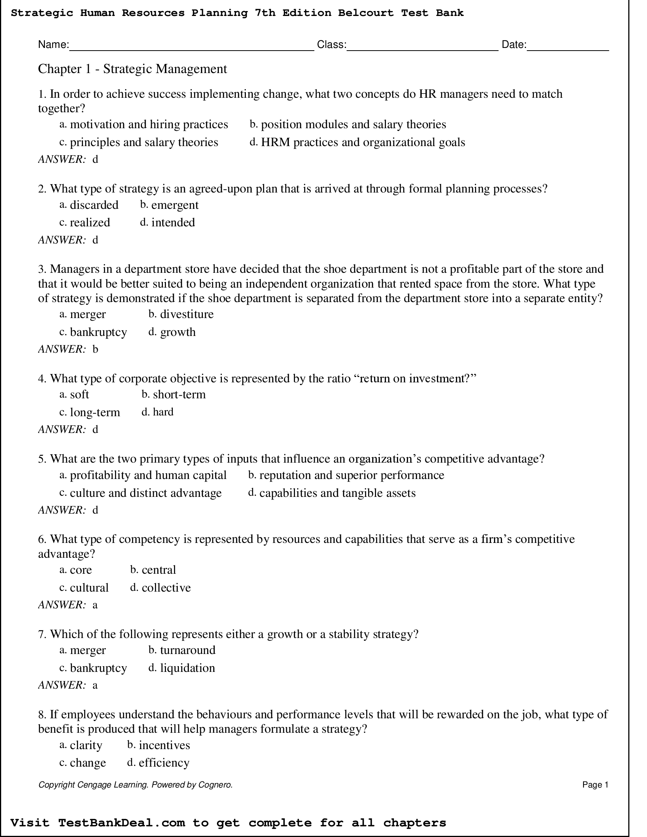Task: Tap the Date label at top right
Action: pyautogui.click(x=514, y=45)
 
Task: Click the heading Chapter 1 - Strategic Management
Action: pyautogui.click(x=132, y=69)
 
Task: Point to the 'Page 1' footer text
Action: pyautogui.click(x=595, y=785)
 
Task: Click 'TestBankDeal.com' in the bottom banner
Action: pyautogui.click(x=121, y=823)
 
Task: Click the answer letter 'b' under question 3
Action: pyautogui.click(x=96, y=349)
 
